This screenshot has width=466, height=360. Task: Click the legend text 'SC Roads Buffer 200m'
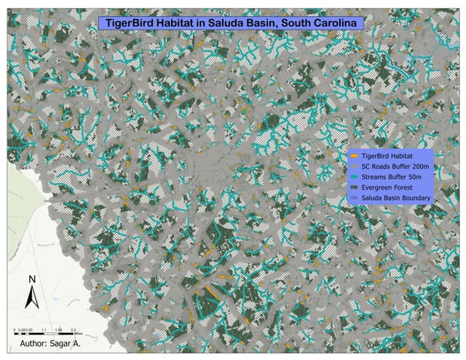click(393, 166)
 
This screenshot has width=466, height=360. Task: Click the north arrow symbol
click(32, 296)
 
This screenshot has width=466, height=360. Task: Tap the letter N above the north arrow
click(32, 279)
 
